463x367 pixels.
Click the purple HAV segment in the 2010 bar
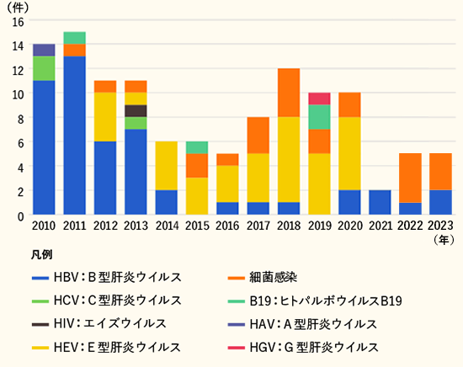44,50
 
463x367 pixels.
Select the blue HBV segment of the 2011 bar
74,135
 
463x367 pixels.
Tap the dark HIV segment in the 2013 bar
136,110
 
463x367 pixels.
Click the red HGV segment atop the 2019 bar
319,98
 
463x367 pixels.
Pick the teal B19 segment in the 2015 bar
197,147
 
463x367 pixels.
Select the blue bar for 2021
381,203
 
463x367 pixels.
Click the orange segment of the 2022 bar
411,178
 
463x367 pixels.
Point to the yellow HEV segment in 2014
166,166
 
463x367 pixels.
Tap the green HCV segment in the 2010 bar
44,68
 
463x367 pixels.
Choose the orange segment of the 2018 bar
289,93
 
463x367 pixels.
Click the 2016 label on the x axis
227,226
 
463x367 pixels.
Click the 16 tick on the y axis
19,20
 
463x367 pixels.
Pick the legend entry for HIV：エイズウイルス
109,323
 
